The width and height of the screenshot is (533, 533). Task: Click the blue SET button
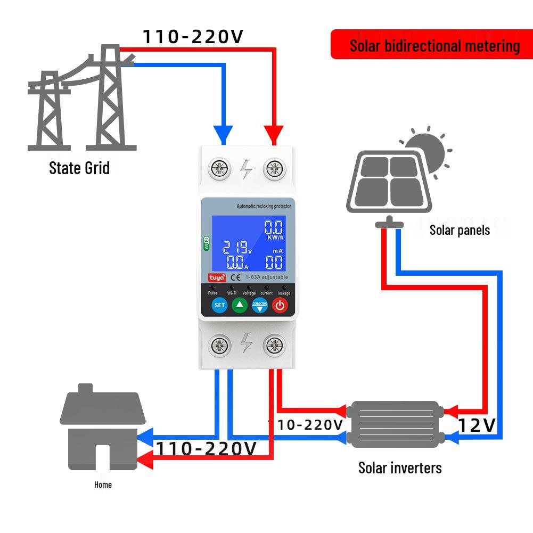[219, 306]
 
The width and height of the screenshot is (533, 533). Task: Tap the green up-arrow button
[240, 305]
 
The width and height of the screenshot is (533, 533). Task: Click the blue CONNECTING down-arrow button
[259, 306]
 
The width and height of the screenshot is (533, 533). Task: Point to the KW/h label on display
[275, 237]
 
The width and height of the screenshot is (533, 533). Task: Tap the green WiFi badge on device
[207, 243]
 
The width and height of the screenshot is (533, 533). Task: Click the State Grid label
[79, 168]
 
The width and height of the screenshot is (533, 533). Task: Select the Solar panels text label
[460, 230]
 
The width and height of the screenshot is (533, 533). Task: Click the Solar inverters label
[400, 468]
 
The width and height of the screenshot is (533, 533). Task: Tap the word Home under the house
[103, 485]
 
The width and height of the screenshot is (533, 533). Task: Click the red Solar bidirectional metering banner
[432, 45]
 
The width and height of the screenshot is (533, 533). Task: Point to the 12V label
[477, 425]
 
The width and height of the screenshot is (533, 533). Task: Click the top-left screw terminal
[219, 169]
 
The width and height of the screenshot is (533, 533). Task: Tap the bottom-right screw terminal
[274, 346]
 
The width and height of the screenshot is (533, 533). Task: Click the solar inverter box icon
[395, 424]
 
